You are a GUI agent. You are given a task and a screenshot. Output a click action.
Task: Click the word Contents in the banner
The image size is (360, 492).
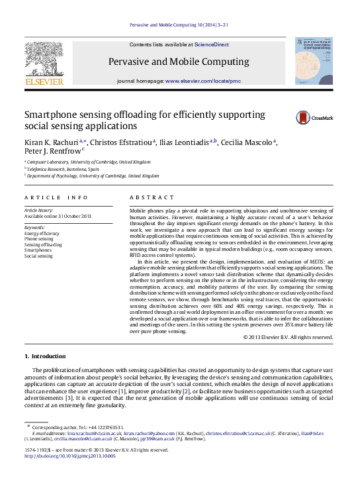point(144,45)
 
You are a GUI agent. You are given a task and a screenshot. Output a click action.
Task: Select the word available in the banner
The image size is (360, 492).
point(179,45)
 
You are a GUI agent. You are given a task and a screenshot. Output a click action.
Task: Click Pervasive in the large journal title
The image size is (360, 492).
point(129,62)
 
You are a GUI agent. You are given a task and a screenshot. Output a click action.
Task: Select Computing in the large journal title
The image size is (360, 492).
point(227,62)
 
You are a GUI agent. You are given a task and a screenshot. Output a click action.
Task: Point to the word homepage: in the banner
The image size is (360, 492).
point(151,80)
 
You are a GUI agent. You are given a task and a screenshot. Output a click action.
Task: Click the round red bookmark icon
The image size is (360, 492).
point(303,118)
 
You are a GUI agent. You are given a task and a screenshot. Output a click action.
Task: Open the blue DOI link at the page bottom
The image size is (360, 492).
point(70,456)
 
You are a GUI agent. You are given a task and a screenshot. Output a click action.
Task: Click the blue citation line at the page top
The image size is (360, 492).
point(179,25)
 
